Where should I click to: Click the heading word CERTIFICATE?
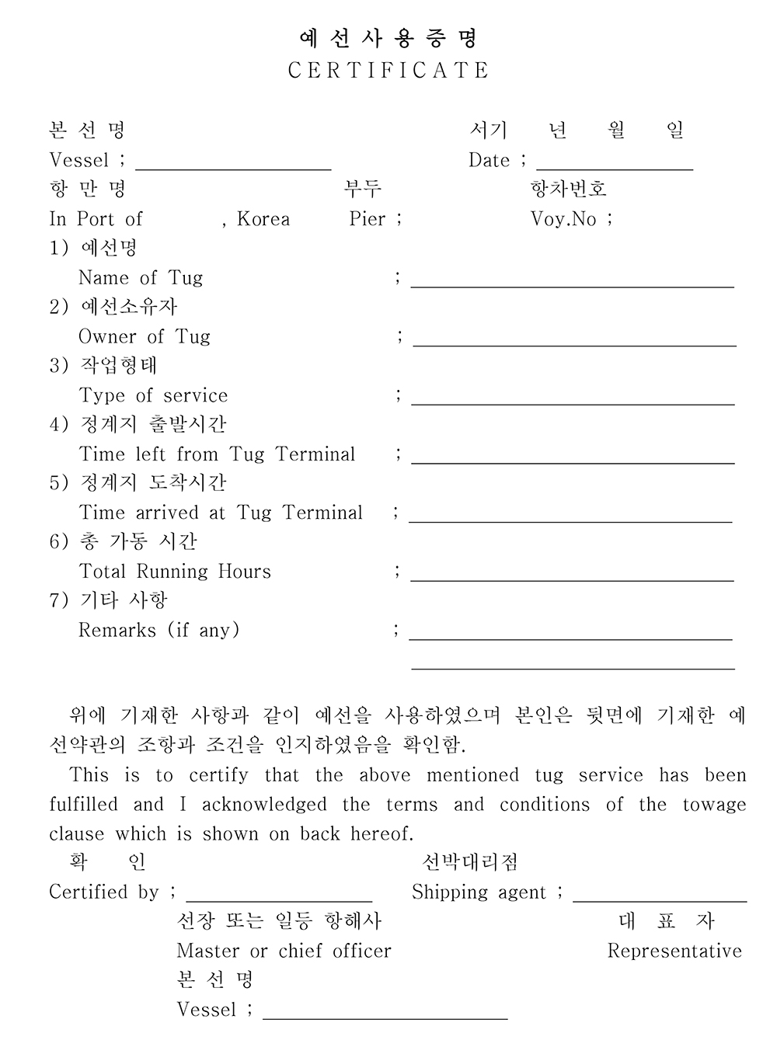pos(388,71)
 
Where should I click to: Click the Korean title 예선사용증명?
pos(388,38)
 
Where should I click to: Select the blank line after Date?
pos(614,165)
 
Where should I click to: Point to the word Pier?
pos(368,219)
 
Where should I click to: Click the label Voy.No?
pos(563,219)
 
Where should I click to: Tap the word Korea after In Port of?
pos(263,219)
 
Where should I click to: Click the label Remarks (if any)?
pos(159,630)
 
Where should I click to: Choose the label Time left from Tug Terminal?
pos(217,454)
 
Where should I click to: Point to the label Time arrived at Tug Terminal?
pos(221,513)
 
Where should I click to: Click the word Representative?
pos(674,951)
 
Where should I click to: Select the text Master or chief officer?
pos(284,951)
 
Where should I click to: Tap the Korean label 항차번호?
pos(568,189)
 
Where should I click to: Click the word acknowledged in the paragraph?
pos(264,805)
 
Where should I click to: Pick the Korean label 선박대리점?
pos(469,862)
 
